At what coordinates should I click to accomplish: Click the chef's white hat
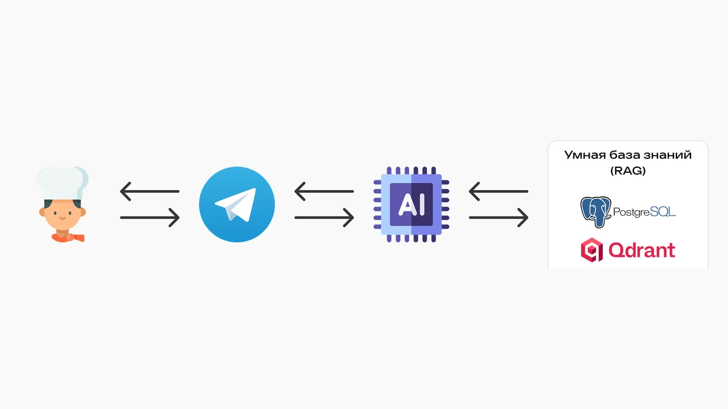62,182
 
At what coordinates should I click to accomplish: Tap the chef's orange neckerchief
68,238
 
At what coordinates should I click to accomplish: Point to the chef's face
62,214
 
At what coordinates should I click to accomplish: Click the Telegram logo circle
237,205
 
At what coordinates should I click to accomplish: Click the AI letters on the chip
411,205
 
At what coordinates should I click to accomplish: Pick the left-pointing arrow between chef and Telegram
149,191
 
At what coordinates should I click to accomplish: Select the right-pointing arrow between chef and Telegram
149,218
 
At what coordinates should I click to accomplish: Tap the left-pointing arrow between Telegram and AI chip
324,191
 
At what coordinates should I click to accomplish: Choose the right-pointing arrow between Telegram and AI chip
324,218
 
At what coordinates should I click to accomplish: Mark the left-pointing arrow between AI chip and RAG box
498,191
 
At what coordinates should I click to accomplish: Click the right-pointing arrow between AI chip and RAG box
498,218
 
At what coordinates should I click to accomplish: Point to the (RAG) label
628,171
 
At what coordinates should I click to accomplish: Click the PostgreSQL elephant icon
595,212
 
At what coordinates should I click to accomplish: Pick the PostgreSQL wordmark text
644,212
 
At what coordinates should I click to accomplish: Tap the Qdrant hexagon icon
592,250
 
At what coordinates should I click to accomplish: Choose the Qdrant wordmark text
642,250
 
